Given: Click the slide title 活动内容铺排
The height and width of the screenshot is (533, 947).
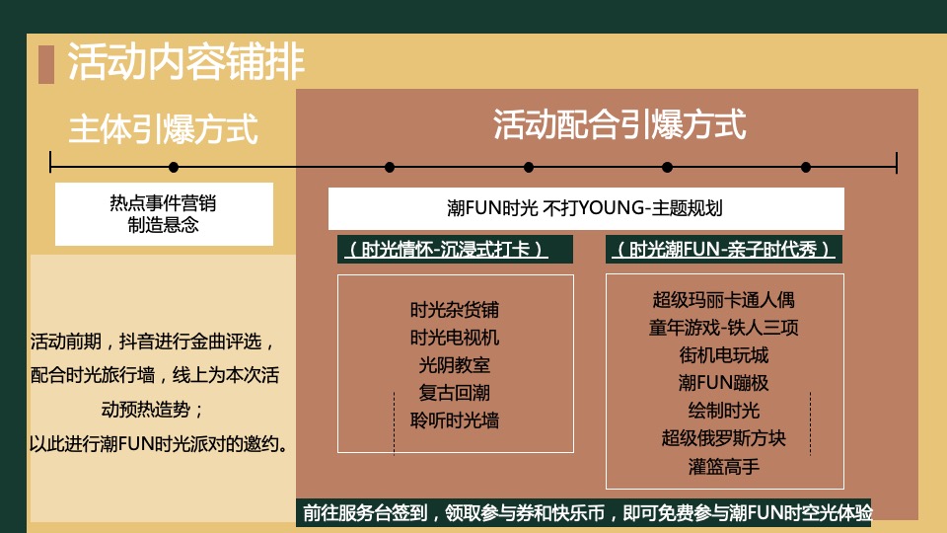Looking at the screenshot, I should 186,62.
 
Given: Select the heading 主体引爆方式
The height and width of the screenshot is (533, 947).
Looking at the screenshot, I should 163,129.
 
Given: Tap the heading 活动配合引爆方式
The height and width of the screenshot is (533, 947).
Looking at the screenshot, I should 619,124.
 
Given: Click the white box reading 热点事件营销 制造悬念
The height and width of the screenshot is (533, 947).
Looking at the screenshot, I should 163,214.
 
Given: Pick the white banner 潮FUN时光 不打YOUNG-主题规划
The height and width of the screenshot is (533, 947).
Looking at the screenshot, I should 586,208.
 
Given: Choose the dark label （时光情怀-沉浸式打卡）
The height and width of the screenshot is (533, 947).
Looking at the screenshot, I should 445,250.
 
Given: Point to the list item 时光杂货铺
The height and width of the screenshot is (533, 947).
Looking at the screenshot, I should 455,310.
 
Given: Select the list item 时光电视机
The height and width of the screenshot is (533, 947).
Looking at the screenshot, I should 455,338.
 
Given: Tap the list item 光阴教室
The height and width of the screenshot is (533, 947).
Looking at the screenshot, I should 455,365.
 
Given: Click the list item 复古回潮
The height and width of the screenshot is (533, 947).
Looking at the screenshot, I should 455,393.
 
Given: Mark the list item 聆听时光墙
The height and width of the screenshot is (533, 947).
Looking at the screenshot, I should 455,420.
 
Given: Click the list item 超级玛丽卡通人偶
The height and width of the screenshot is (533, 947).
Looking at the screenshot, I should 724,300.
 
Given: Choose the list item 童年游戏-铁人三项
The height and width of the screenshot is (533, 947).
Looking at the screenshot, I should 724,328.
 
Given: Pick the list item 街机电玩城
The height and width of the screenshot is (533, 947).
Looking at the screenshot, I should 724,355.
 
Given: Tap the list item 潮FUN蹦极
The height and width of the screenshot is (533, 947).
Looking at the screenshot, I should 724,383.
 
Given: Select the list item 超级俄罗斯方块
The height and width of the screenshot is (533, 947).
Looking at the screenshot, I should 724,438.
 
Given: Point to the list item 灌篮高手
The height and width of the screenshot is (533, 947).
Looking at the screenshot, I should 724,466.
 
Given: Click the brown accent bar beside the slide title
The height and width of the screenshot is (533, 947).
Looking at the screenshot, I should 45,63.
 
